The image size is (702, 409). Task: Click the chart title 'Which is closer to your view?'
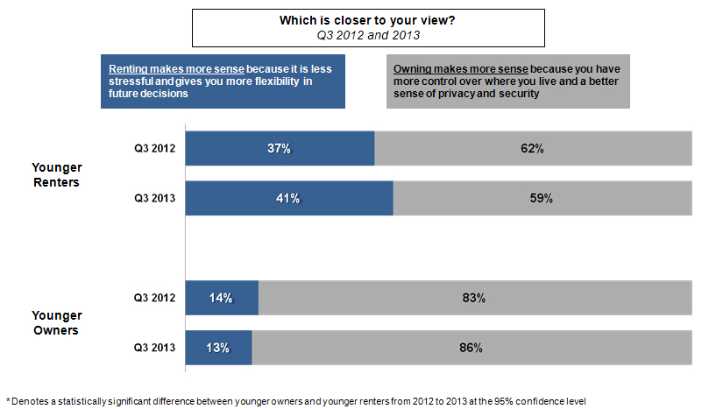(348, 19)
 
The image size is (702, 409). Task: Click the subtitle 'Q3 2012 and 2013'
(348, 36)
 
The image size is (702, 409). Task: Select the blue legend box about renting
(223, 82)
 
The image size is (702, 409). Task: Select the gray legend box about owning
(507, 82)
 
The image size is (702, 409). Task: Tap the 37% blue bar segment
(280, 148)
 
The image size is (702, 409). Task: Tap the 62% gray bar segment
(531, 148)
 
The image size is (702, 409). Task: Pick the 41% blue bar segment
(289, 198)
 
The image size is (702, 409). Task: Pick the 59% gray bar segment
(540, 198)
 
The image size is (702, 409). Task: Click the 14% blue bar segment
(222, 298)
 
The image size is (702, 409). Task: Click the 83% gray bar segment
(473, 298)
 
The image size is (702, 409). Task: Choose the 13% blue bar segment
(219, 348)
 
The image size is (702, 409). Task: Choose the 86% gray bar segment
(470, 348)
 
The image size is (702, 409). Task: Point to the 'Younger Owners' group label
(56, 322)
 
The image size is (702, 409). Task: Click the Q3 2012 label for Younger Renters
(154, 148)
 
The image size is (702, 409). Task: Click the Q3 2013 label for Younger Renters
(154, 198)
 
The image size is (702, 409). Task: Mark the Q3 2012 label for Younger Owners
(154, 298)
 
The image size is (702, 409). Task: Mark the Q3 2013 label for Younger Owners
(154, 348)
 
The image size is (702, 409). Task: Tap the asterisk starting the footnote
(8, 399)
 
